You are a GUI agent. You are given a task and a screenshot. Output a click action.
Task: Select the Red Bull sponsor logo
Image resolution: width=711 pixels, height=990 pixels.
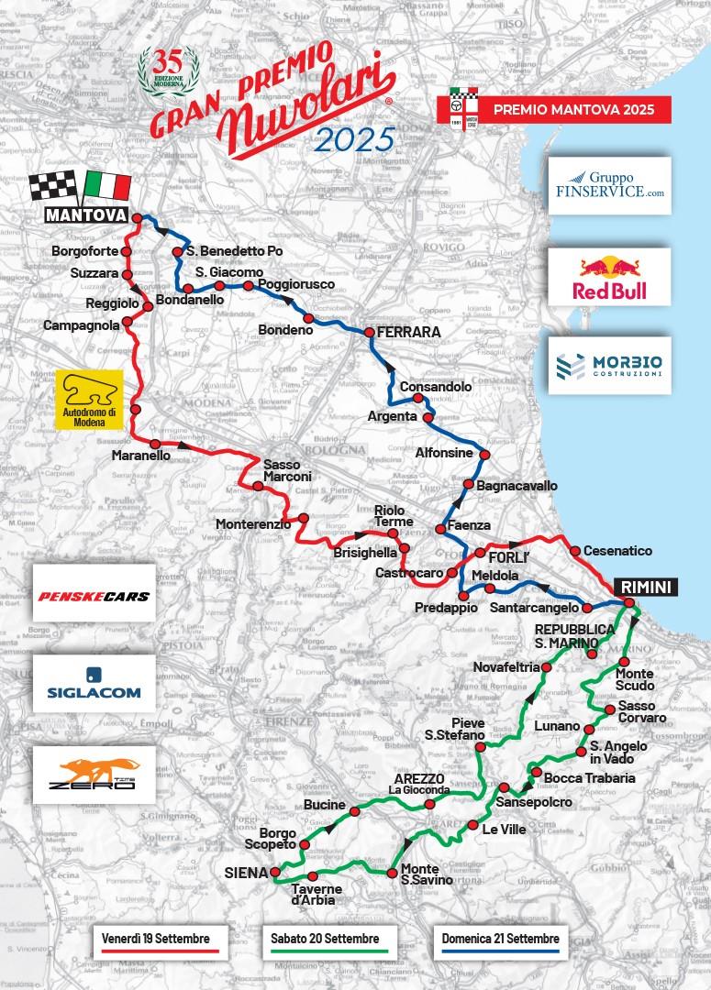(608, 278)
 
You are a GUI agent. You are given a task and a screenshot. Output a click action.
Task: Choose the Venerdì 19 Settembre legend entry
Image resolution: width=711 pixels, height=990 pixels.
(157, 940)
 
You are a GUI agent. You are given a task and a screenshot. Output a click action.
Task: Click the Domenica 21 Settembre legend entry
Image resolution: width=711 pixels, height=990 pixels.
(499, 940)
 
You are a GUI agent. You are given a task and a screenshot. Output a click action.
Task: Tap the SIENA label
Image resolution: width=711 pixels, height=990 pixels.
(245, 872)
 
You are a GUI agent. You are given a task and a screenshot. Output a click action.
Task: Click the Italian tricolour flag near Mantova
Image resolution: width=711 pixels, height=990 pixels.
(107, 186)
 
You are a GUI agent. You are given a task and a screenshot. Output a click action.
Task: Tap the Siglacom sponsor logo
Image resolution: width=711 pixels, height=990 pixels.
(91, 684)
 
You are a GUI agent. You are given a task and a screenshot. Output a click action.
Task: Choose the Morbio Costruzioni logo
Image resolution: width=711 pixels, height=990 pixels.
(608, 366)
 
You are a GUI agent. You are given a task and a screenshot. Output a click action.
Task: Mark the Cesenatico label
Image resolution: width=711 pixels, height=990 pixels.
(623, 551)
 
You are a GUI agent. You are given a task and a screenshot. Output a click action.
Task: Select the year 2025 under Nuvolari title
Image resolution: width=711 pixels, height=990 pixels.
(354, 140)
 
